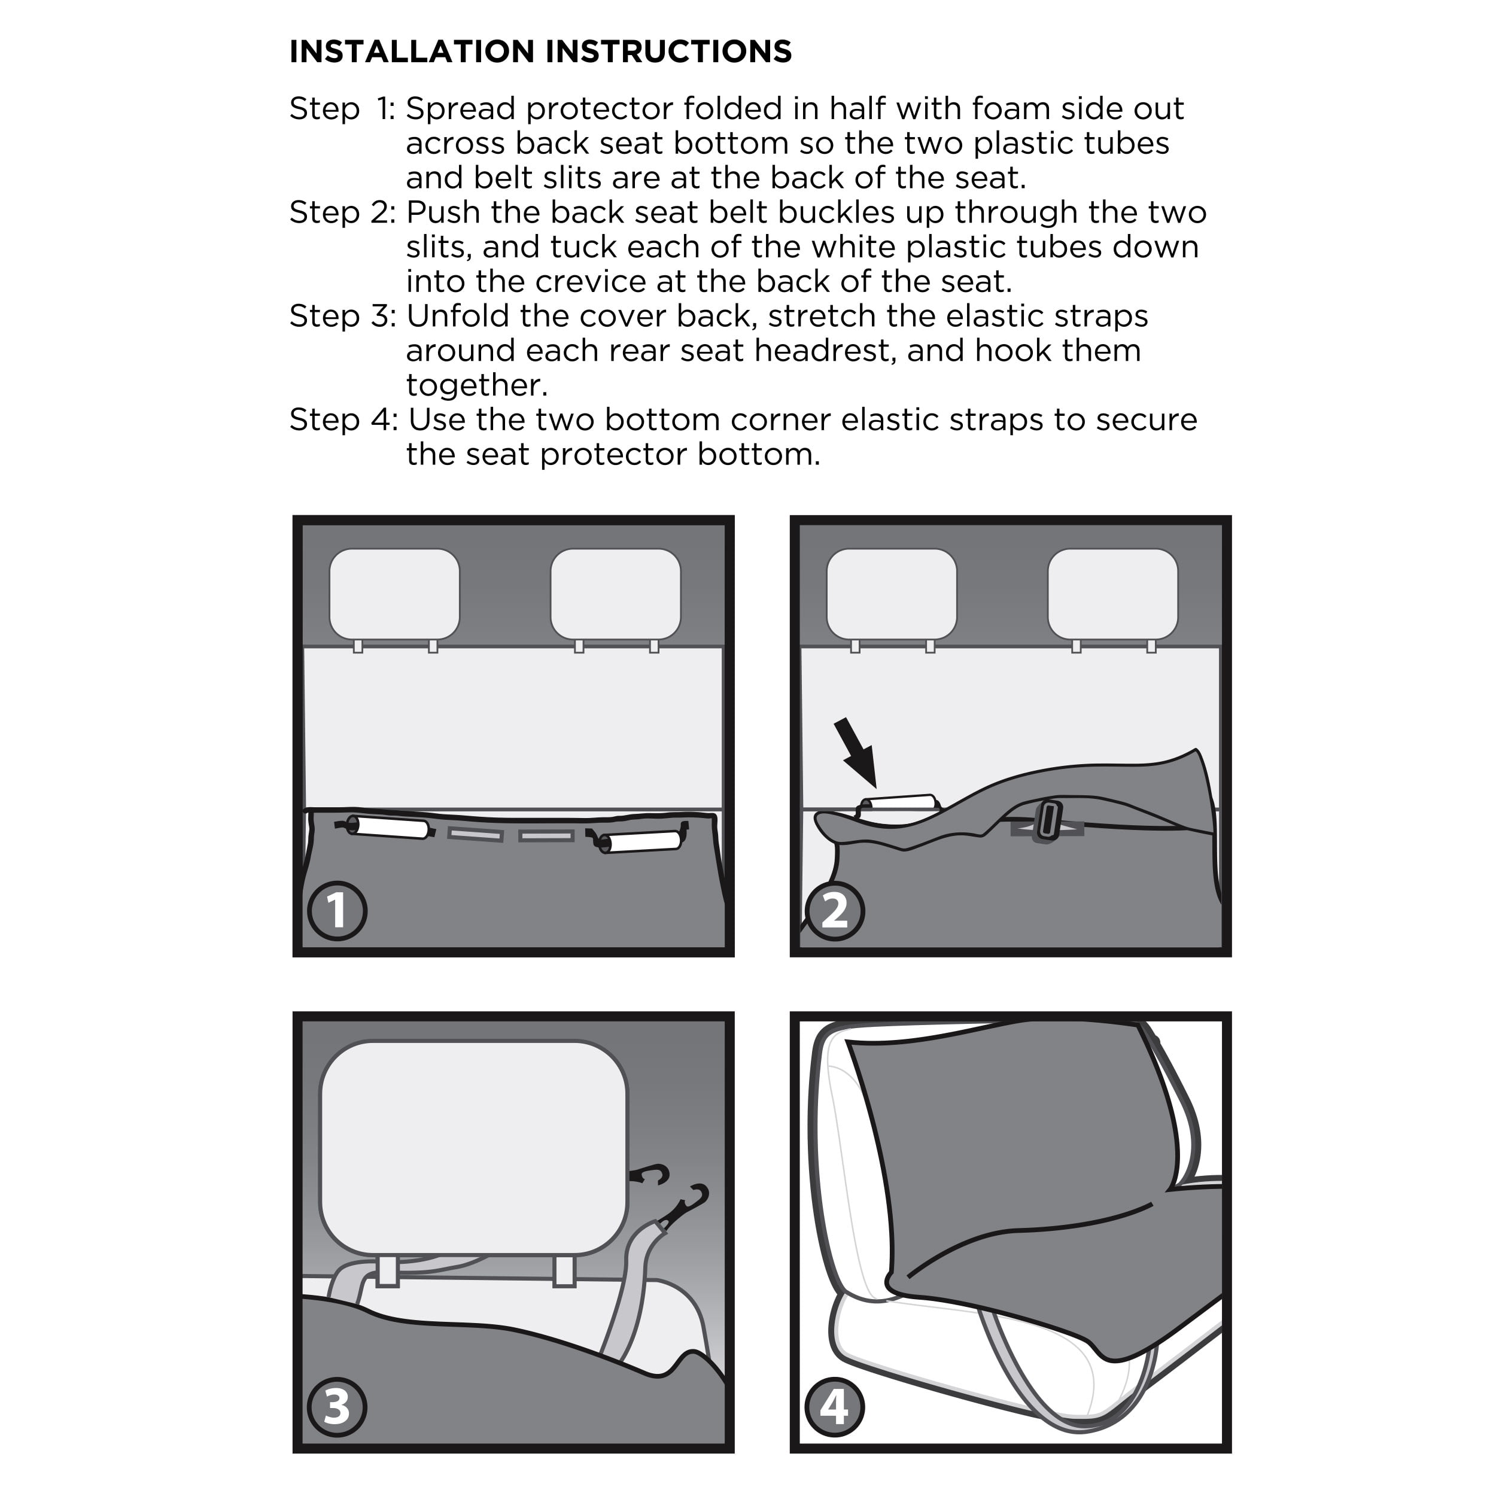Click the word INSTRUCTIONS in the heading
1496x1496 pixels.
pyautogui.click(x=669, y=52)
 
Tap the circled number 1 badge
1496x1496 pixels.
pyautogui.click(x=337, y=911)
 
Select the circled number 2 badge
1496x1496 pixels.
pyautogui.click(x=835, y=911)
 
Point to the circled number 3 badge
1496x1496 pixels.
pyautogui.click(x=337, y=1407)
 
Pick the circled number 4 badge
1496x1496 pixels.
pyautogui.click(x=835, y=1407)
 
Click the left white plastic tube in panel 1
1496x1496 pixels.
pyautogui.click(x=387, y=827)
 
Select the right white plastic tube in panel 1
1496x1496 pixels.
pyautogui.click(x=640, y=843)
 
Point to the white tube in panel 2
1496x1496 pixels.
pyautogui.click(x=898, y=803)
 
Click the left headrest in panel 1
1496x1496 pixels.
pyautogui.click(x=394, y=594)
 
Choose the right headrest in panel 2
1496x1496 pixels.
pyautogui.click(x=1112, y=594)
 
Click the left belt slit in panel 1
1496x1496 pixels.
pyautogui.click(x=476, y=835)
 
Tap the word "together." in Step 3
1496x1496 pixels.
pyautogui.click(x=477, y=385)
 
